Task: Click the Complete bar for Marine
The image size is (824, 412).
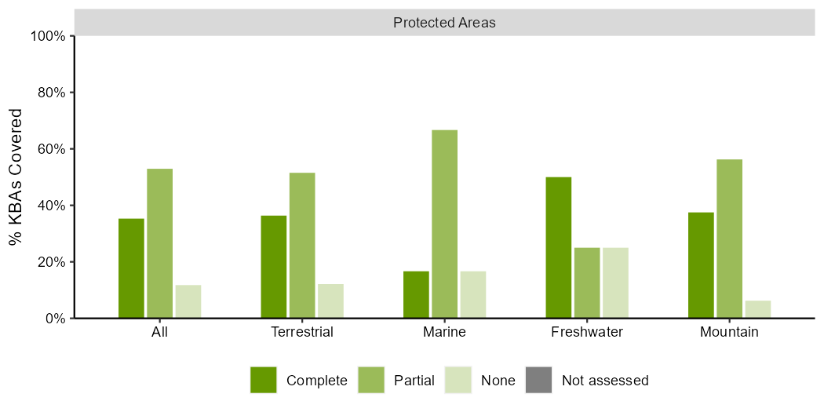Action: (416, 294)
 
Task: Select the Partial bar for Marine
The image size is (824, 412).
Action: (444, 224)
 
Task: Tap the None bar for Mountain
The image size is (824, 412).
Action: (758, 309)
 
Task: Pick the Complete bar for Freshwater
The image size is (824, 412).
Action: (558, 247)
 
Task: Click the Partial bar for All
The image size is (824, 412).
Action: (160, 243)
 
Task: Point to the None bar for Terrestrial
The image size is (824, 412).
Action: (330, 301)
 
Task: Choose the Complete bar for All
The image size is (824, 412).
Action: (131, 268)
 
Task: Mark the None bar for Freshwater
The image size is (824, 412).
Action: (615, 283)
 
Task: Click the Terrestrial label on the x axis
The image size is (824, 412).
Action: (302, 332)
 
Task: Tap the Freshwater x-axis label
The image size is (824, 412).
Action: (587, 332)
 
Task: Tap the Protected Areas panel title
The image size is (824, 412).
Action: (444, 23)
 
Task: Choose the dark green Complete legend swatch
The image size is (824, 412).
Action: (264, 380)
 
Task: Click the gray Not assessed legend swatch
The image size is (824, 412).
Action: (539, 380)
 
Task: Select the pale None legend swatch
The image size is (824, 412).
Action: (458, 380)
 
